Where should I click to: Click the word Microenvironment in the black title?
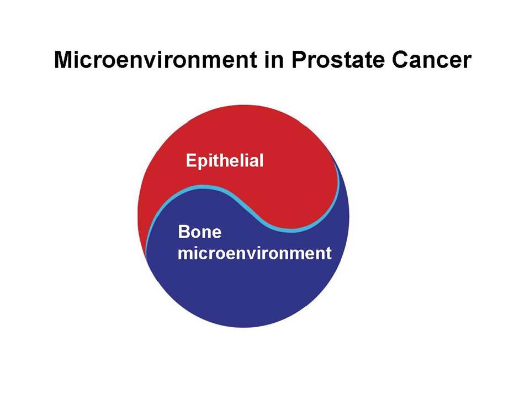(156, 60)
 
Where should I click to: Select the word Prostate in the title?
(338, 60)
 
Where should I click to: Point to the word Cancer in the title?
(432, 60)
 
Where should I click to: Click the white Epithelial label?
(225, 160)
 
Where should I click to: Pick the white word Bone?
(199, 232)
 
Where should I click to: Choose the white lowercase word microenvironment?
(255, 253)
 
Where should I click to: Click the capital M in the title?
(63, 60)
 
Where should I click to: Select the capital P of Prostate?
(298, 60)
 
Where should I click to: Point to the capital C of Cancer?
(400, 60)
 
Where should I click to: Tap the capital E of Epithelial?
(191, 160)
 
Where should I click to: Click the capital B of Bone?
(183, 232)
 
